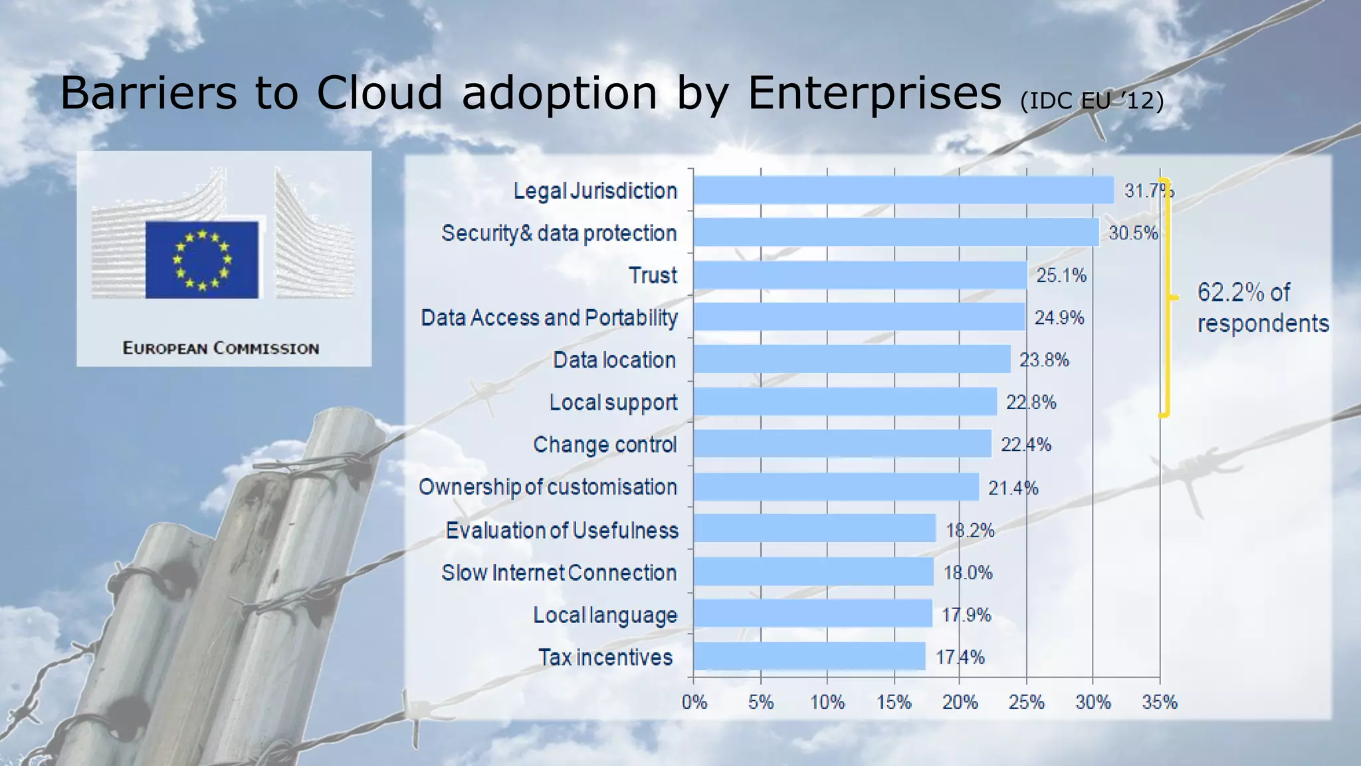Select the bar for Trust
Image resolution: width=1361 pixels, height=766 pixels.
[x=861, y=275]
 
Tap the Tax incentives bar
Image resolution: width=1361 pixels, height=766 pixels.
[x=809, y=656]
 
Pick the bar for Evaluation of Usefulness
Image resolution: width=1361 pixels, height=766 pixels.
[x=815, y=529]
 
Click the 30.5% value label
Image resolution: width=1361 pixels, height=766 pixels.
[x=1133, y=233]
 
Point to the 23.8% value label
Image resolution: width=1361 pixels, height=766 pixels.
[x=1044, y=360]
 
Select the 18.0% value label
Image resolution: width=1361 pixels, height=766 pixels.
[x=968, y=573]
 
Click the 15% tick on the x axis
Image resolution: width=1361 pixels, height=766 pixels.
[x=894, y=702]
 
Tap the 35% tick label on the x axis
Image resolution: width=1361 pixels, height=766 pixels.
[x=1160, y=702]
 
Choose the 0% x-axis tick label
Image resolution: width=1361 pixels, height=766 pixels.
[x=694, y=702]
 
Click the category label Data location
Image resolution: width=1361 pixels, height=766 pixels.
[x=614, y=360]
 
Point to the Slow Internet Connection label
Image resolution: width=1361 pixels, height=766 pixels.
[x=559, y=573]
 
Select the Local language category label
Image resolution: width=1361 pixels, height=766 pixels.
[x=605, y=615]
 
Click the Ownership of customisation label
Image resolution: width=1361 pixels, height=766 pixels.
[x=548, y=487]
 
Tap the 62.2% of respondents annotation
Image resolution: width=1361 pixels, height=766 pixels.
[x=1262, y=308]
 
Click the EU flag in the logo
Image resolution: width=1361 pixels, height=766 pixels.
[x=202, y=259]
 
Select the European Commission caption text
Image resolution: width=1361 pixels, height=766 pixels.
[x=221, y=348]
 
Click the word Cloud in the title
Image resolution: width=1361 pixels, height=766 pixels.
[x=379, y=92]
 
